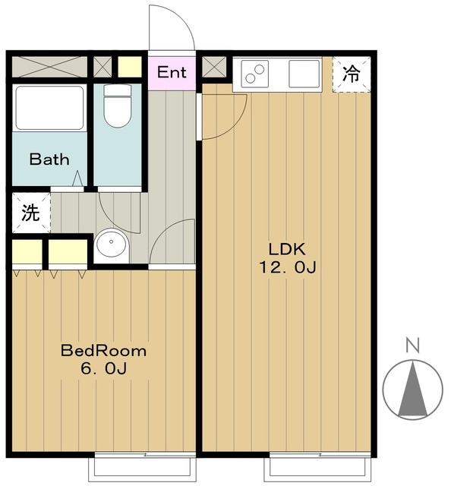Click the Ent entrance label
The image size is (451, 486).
tap(172, 72)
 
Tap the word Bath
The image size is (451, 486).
tap(49, 159)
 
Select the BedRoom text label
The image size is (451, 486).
tap(103, 351)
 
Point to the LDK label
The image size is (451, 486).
tap(287, 249)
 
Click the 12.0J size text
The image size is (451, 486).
tap(287, 267)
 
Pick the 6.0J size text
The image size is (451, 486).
tap(103, 368)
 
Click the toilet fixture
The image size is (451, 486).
tap(117, 106)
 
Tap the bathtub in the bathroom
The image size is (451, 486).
tap(49, 108)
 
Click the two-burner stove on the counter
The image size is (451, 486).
tap(255, 74)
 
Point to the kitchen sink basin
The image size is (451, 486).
tap(304, 74)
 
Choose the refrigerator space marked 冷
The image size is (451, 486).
tap(352, 74)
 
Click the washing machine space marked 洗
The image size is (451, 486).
tap(31, 213)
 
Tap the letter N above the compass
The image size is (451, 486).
tap(412, 346)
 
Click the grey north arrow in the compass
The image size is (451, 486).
tap(413, 389)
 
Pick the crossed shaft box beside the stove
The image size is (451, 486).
tap(214, 67)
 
